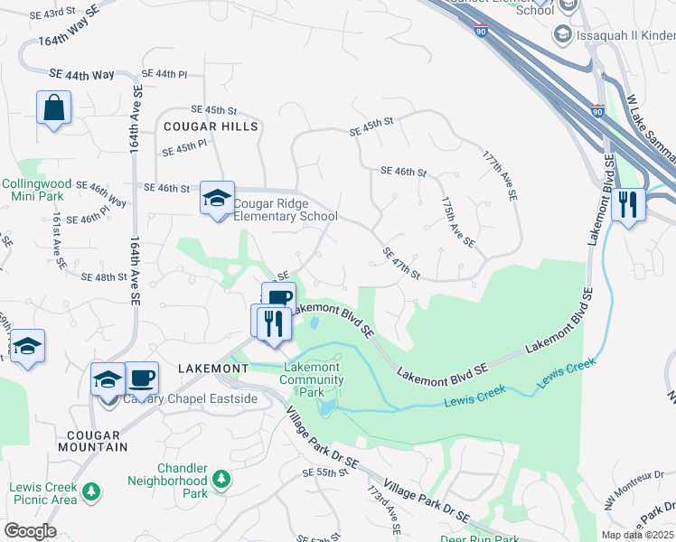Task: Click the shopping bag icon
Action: coord(53,107)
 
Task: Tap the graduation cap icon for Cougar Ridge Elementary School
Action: coord(216,198)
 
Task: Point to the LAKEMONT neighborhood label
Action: coord(213,369)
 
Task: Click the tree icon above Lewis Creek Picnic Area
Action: coord(90,491)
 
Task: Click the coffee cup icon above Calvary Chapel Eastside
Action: coord(141,377)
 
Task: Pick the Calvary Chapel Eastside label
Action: coord(191,398)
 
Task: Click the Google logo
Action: coord(30,531)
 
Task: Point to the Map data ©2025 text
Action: coord(636,535)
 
